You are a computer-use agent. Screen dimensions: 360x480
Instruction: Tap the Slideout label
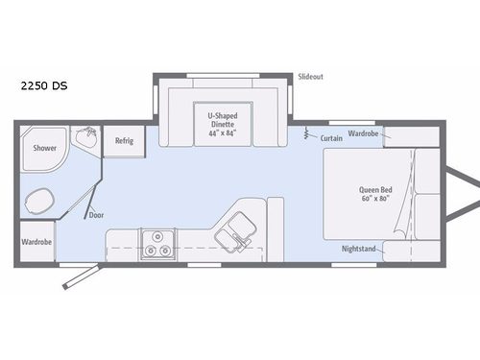click(x=310, y=75)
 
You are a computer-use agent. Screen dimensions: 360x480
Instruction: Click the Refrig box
click(x=124, y=140)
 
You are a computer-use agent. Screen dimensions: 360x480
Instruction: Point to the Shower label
click(x=45, y=149)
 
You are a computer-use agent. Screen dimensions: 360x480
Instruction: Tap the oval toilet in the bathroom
click(x=40, y=202)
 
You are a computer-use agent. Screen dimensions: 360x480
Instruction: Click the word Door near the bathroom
click(x=96, y=215)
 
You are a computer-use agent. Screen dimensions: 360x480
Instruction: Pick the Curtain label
click(x=332, y=138)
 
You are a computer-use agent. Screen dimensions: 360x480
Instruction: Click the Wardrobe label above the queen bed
click(x=364, y=133)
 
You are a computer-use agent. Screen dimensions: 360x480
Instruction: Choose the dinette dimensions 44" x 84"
click(x=223, y=133)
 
